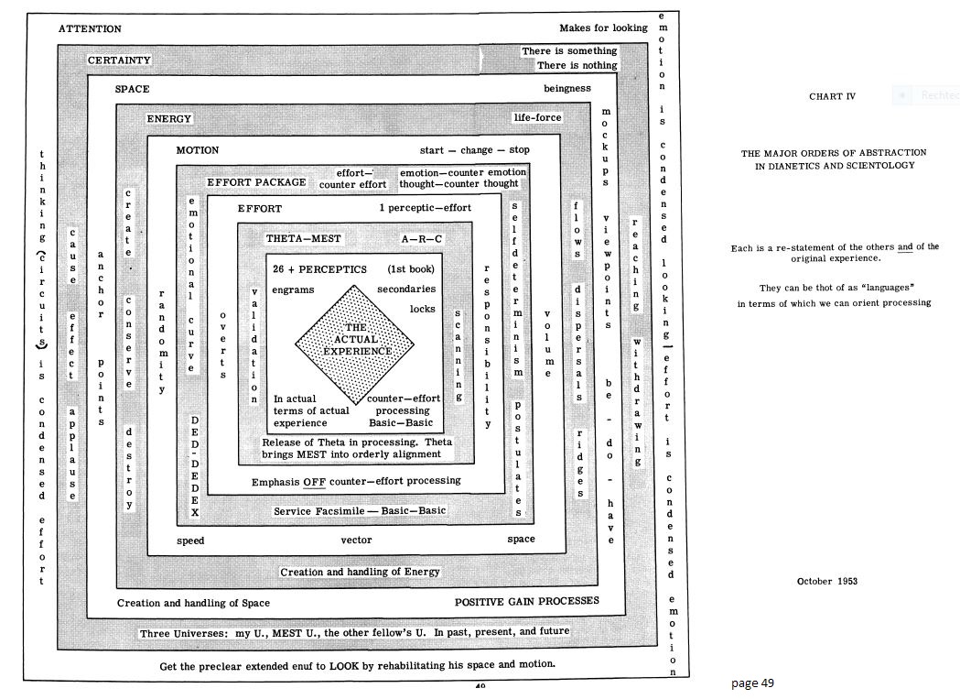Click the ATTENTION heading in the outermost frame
pyautogui.click(x=90, y=28)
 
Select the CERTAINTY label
pyautogui.click(x=120, y=60)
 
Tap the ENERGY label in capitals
pyautogui.click(x=169, y=119)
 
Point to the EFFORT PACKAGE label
pyautogui.click(x=256, y=182)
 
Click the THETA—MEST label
pyautogui.click(x=303, y=239)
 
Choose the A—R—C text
pyautogui.click(x=423, y=239)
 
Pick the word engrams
pyautogui.click(x=293, y=289)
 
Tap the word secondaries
pyautogui.click(x=405, y=289)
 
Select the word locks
pyautogui.click(x=422, y=310)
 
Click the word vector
pyautogui.click(x=356, y=540)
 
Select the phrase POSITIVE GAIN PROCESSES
pyautogui.click(x=526, y=601)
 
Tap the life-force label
pyautogui.click(x=537, y=118)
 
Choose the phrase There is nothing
pyautogui.click(x=577, y=65)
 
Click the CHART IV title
pyautogui.click(x=832, y=96)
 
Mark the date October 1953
pyautogui.click(x=826, y=581)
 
